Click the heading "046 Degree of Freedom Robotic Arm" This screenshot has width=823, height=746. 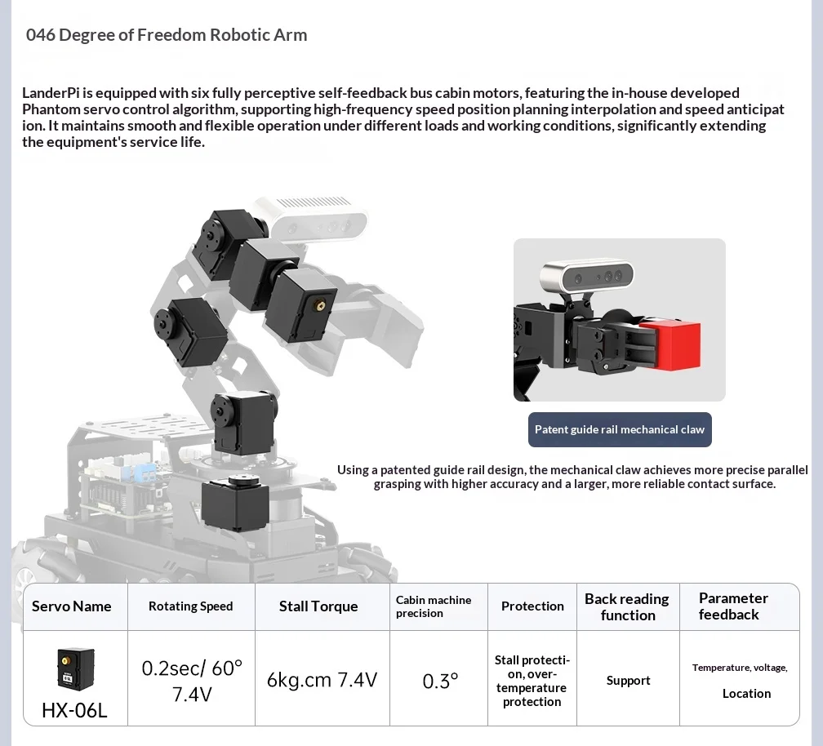coord(167,34)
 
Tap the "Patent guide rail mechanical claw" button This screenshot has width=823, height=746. coord(620,429)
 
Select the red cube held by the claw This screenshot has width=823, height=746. coord(673,345)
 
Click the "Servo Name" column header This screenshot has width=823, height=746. coord(71,606)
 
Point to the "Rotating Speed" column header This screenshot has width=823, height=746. coord(190,606)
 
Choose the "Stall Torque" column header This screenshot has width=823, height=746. coord(318,606)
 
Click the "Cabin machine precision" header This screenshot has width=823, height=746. coord(434,606)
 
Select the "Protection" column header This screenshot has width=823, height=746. coord(532,606)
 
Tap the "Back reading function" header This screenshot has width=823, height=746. coord(627,607)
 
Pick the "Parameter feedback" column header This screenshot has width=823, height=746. coord(733,606)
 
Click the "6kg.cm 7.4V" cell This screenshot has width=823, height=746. coord(322,680)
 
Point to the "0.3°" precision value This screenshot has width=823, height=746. coord(440,681)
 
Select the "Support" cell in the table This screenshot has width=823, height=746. coord(629,681)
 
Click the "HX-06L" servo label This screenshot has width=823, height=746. coord(74,710)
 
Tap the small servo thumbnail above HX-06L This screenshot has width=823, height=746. coord(76,668)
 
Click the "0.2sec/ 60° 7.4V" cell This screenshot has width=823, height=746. coord(192,681)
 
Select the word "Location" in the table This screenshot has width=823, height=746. coord(746,694)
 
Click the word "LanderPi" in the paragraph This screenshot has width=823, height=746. coord(51,93)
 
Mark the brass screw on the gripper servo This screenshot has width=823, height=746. coord(318,304)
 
